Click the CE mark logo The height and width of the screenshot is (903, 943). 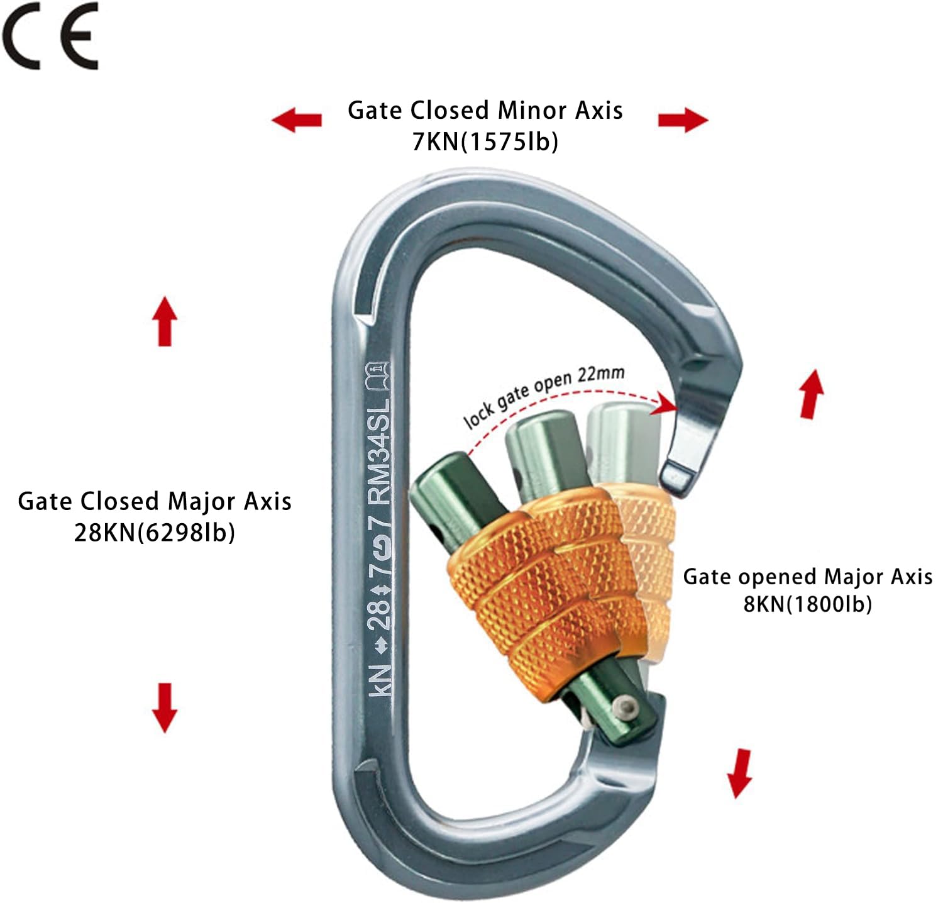[x=50, y=36]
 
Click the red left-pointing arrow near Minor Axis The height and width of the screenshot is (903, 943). [x=297, y=119]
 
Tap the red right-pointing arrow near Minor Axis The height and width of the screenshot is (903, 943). [x=683, y=119]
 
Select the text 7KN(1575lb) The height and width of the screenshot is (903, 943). [x=485, y=141]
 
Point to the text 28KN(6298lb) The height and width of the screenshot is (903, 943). [x=155, y=533]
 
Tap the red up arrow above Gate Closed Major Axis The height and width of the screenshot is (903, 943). [x=165, y=321]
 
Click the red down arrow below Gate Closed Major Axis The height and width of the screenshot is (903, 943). [x=165, y=707]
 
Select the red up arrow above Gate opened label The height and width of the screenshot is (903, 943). [x=811, y=394]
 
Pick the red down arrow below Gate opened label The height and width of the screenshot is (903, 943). [x=740, y=773]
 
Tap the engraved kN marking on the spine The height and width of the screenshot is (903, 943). [x=380, y=680]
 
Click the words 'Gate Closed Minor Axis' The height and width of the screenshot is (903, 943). [x=485, y=111]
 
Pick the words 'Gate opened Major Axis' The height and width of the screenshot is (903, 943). [x=808, y=577]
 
